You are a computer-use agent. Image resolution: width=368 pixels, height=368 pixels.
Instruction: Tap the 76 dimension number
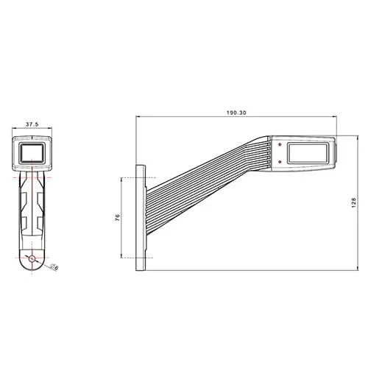pos(117,218)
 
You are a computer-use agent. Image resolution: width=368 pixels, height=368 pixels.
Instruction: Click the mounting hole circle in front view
pos(32,258)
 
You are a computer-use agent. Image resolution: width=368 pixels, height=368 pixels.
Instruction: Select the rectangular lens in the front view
pos(32,152)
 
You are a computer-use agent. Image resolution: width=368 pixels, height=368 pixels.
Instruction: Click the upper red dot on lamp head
pos(280,145)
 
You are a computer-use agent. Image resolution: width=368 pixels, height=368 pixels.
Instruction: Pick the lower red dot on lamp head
pos(280,160)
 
